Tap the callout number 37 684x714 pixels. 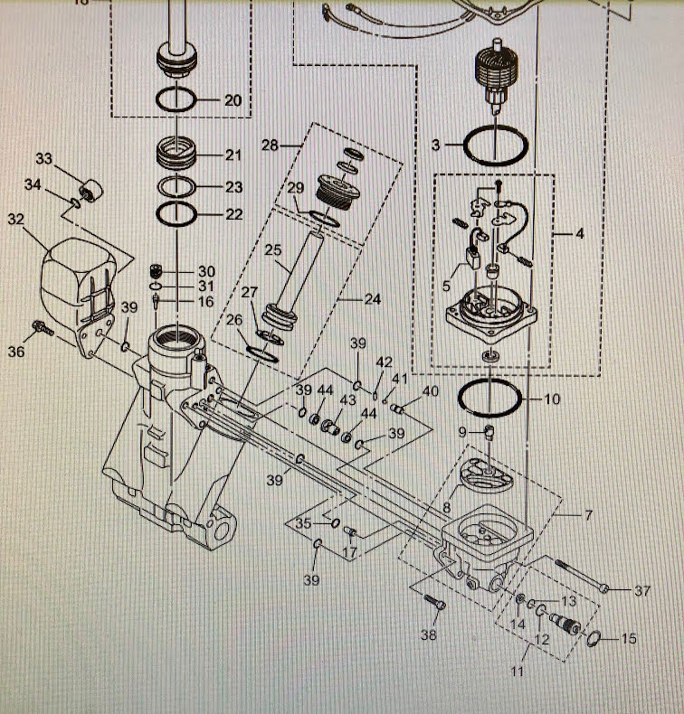click(641, 591)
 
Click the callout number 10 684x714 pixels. click(551, 399)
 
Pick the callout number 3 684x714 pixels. click(435, 144)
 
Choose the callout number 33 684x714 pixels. click(44, 159)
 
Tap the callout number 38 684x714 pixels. click(427, 636)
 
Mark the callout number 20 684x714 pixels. click(233, 100)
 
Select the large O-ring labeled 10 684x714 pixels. click(489, 397)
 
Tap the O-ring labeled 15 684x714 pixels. click(592, 639)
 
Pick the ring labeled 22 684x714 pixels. click(179, 215)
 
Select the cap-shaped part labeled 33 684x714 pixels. click(89, 193)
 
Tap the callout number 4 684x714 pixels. click(579, 234)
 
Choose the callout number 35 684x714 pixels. click(304, 523)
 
